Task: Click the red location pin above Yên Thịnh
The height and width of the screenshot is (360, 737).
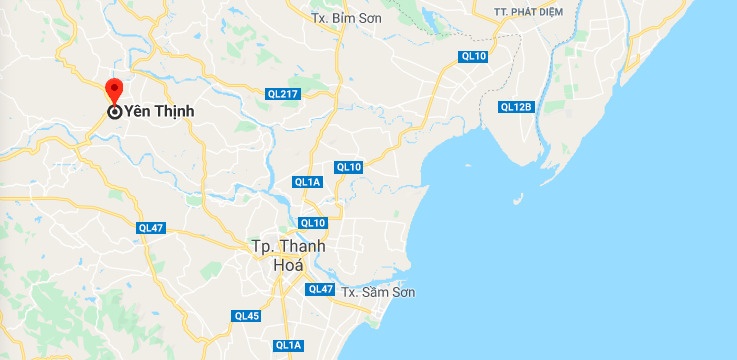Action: tap(114, 89)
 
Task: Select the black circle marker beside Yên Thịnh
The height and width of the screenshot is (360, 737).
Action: tap(115, 112)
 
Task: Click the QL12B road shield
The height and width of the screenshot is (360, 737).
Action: tap(518, 107)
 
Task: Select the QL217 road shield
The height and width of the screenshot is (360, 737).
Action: tap(284, 93)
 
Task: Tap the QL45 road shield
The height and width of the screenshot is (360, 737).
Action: tap(246, 316)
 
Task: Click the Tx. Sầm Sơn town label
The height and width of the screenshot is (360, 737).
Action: tap(377, 292)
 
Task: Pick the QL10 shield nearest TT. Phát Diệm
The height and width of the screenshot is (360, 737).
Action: tap(473, 56)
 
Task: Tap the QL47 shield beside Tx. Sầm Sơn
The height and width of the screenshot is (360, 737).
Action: tap(320, 289)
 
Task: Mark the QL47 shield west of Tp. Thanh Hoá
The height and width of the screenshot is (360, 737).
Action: tap(151, 228)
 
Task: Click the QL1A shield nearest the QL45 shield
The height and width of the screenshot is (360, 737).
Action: tap(288, 345)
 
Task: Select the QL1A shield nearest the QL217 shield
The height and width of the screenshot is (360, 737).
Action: tap(307, 182)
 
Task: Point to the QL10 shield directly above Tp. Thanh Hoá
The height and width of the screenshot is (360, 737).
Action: tap(313, 222)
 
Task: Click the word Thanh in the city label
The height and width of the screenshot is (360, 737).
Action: tap(302, 247)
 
